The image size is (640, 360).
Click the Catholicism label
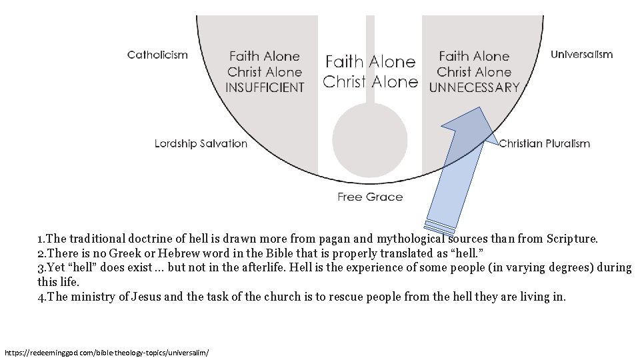pyautogui.click(x=157, y=55)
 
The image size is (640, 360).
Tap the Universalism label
pyautogui.click(x=581, y=55)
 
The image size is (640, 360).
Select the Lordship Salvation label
pyautogui.click(x=201, y=143)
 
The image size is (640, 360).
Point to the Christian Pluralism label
pyautogui.click(x=545, y=143)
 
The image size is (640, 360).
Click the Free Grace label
pyautogui.click(x=370, y=197)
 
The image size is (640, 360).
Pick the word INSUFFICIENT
pyautogui.click(x=265, y=87)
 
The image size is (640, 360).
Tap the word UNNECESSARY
pyautogui.click(x=474, y=87)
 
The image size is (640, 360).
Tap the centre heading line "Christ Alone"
pyautogui.click(x=370, y=82)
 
